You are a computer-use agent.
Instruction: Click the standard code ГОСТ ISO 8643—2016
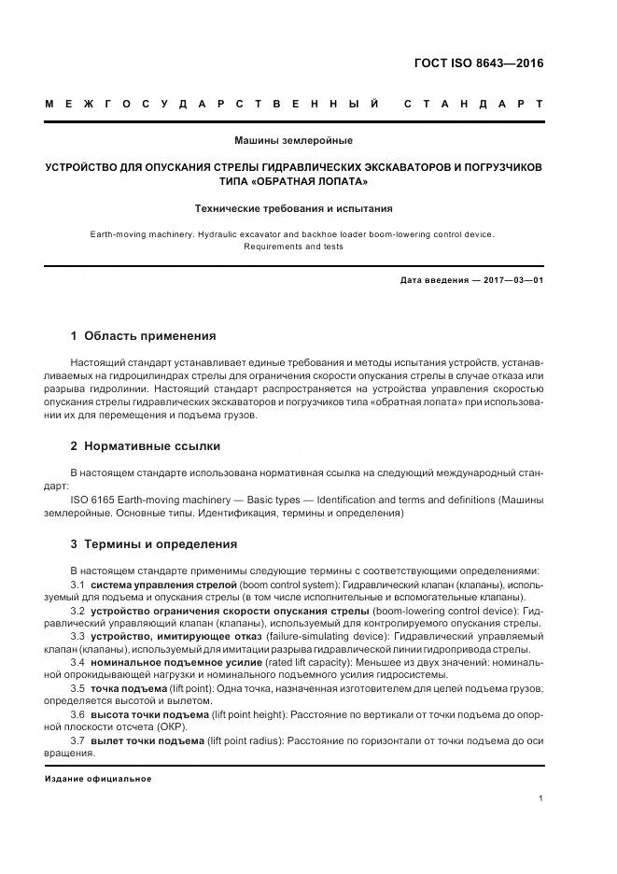478,64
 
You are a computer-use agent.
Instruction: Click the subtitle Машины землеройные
294,140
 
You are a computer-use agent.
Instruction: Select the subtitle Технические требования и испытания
294,208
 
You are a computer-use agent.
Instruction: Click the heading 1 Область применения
143,335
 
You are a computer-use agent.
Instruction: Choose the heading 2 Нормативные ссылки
146,445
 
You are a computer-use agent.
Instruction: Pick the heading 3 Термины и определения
153,543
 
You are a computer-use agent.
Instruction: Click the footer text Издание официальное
98,778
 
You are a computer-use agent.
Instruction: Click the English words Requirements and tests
294,247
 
